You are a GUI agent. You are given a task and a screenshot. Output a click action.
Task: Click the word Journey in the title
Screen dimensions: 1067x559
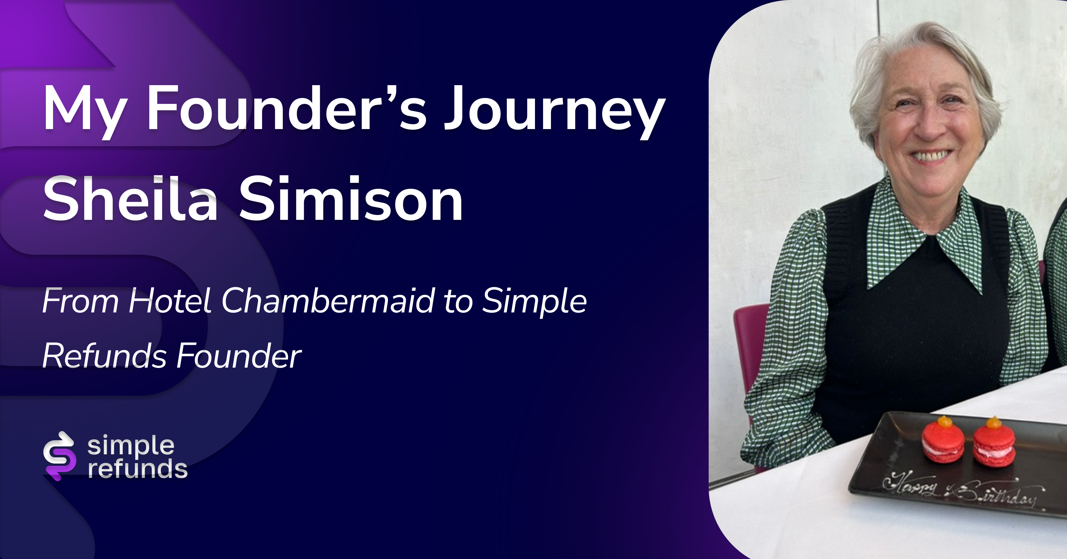click(x=554, y=111)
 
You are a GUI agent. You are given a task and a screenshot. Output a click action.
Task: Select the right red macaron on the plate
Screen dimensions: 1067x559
click(x=994, y=444)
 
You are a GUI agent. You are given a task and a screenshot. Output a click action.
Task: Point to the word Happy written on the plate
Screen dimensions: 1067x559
click(x=910, y=485)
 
